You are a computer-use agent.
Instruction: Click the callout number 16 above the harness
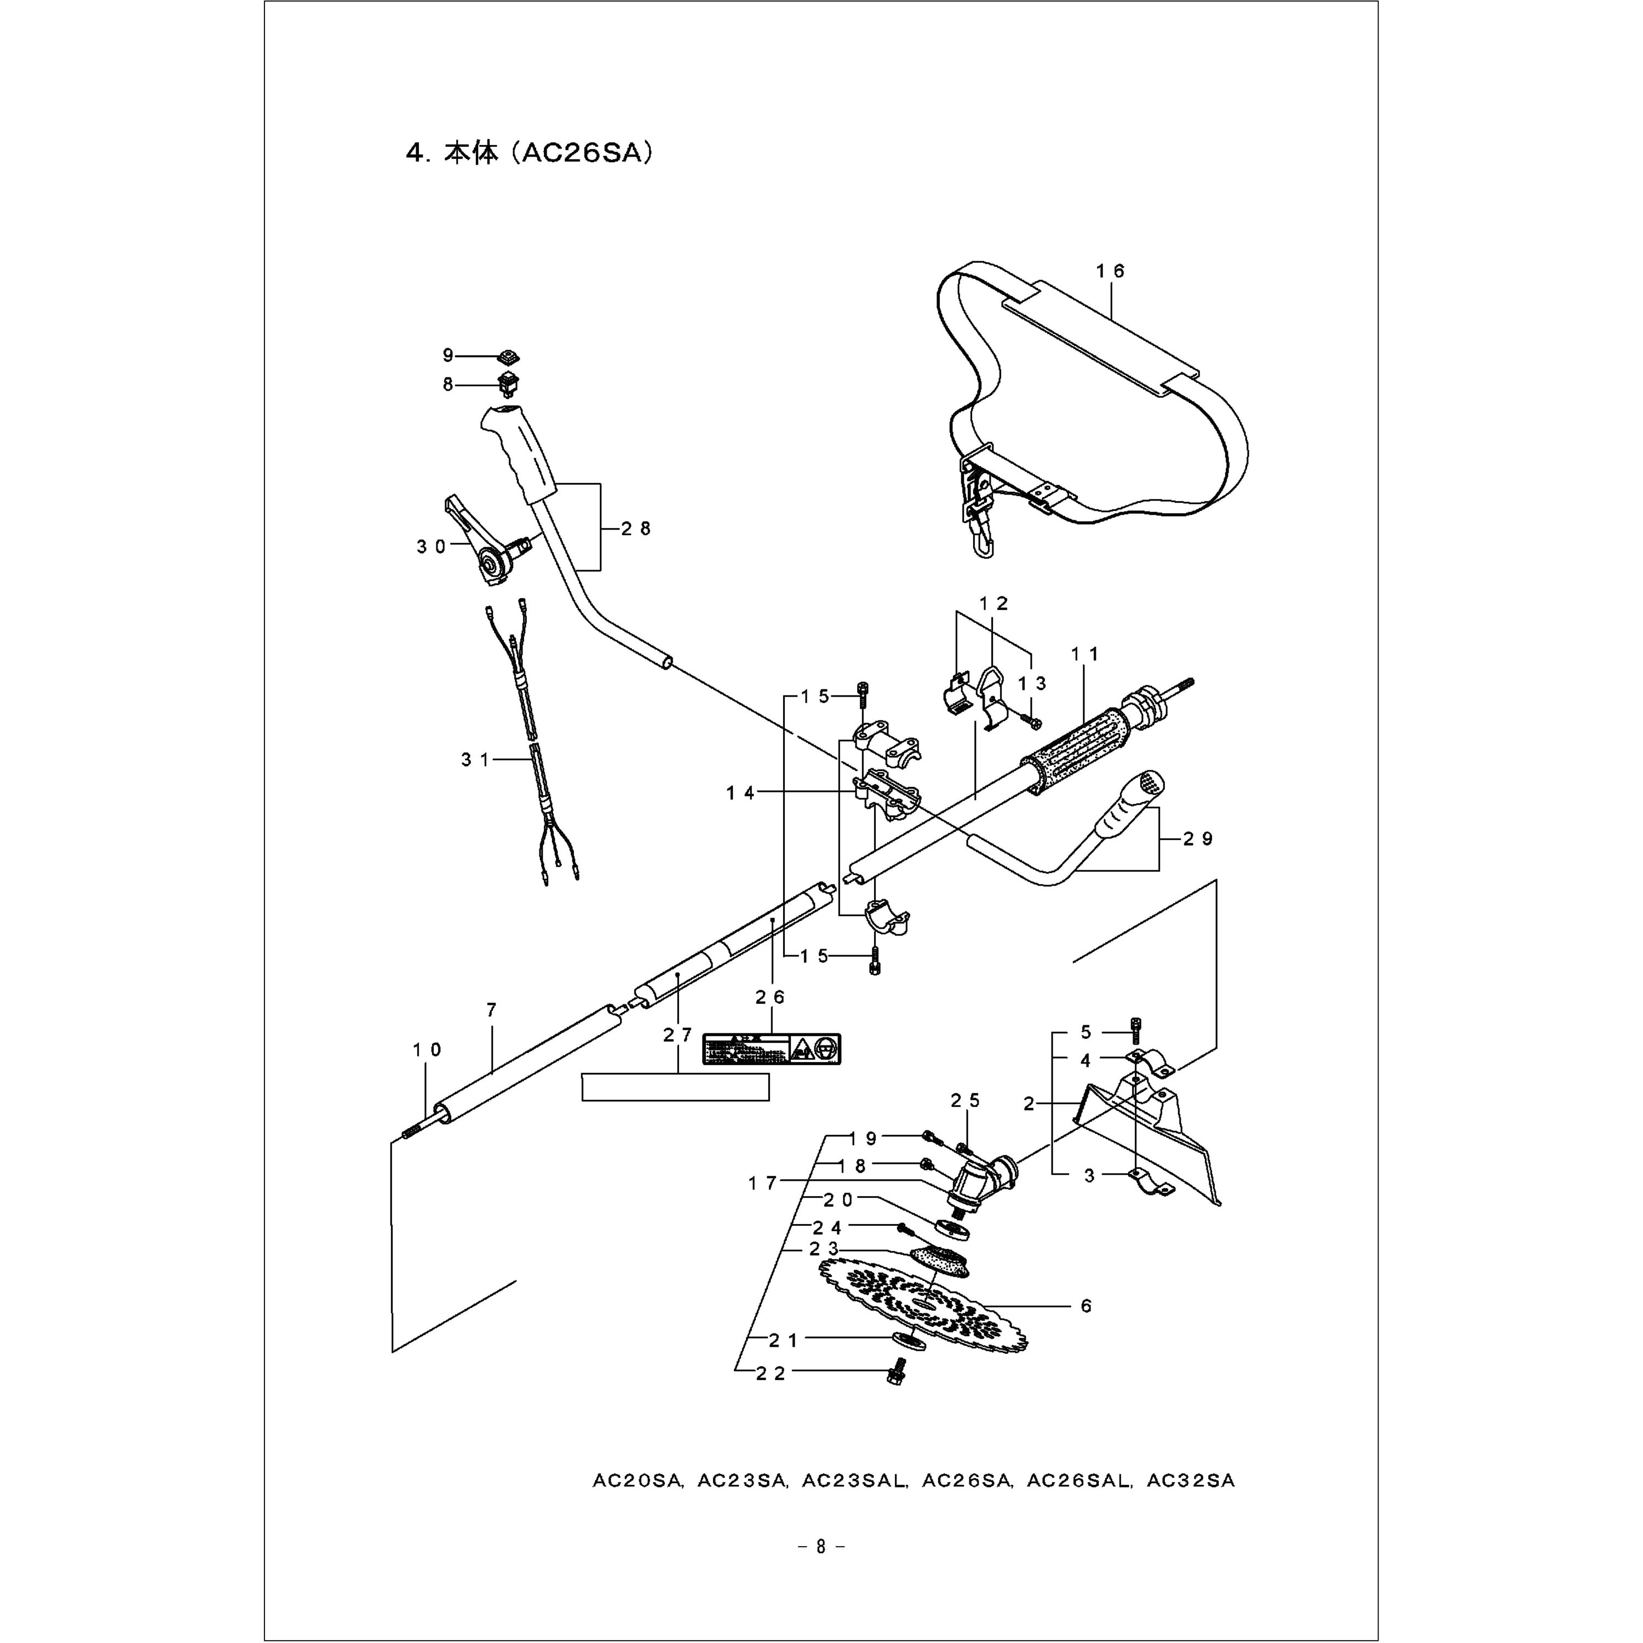tap(1110, 271)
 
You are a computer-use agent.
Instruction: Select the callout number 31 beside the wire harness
tap(476, 760)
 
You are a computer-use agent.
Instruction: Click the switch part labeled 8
tap(509, 384)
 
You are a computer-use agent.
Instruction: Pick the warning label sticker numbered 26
tap(771, 1049)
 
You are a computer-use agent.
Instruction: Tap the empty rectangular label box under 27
tap(675, 1087)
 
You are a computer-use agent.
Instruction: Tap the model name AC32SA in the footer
tap(1191, 1480)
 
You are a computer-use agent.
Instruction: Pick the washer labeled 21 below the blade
tap(910, 1341)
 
